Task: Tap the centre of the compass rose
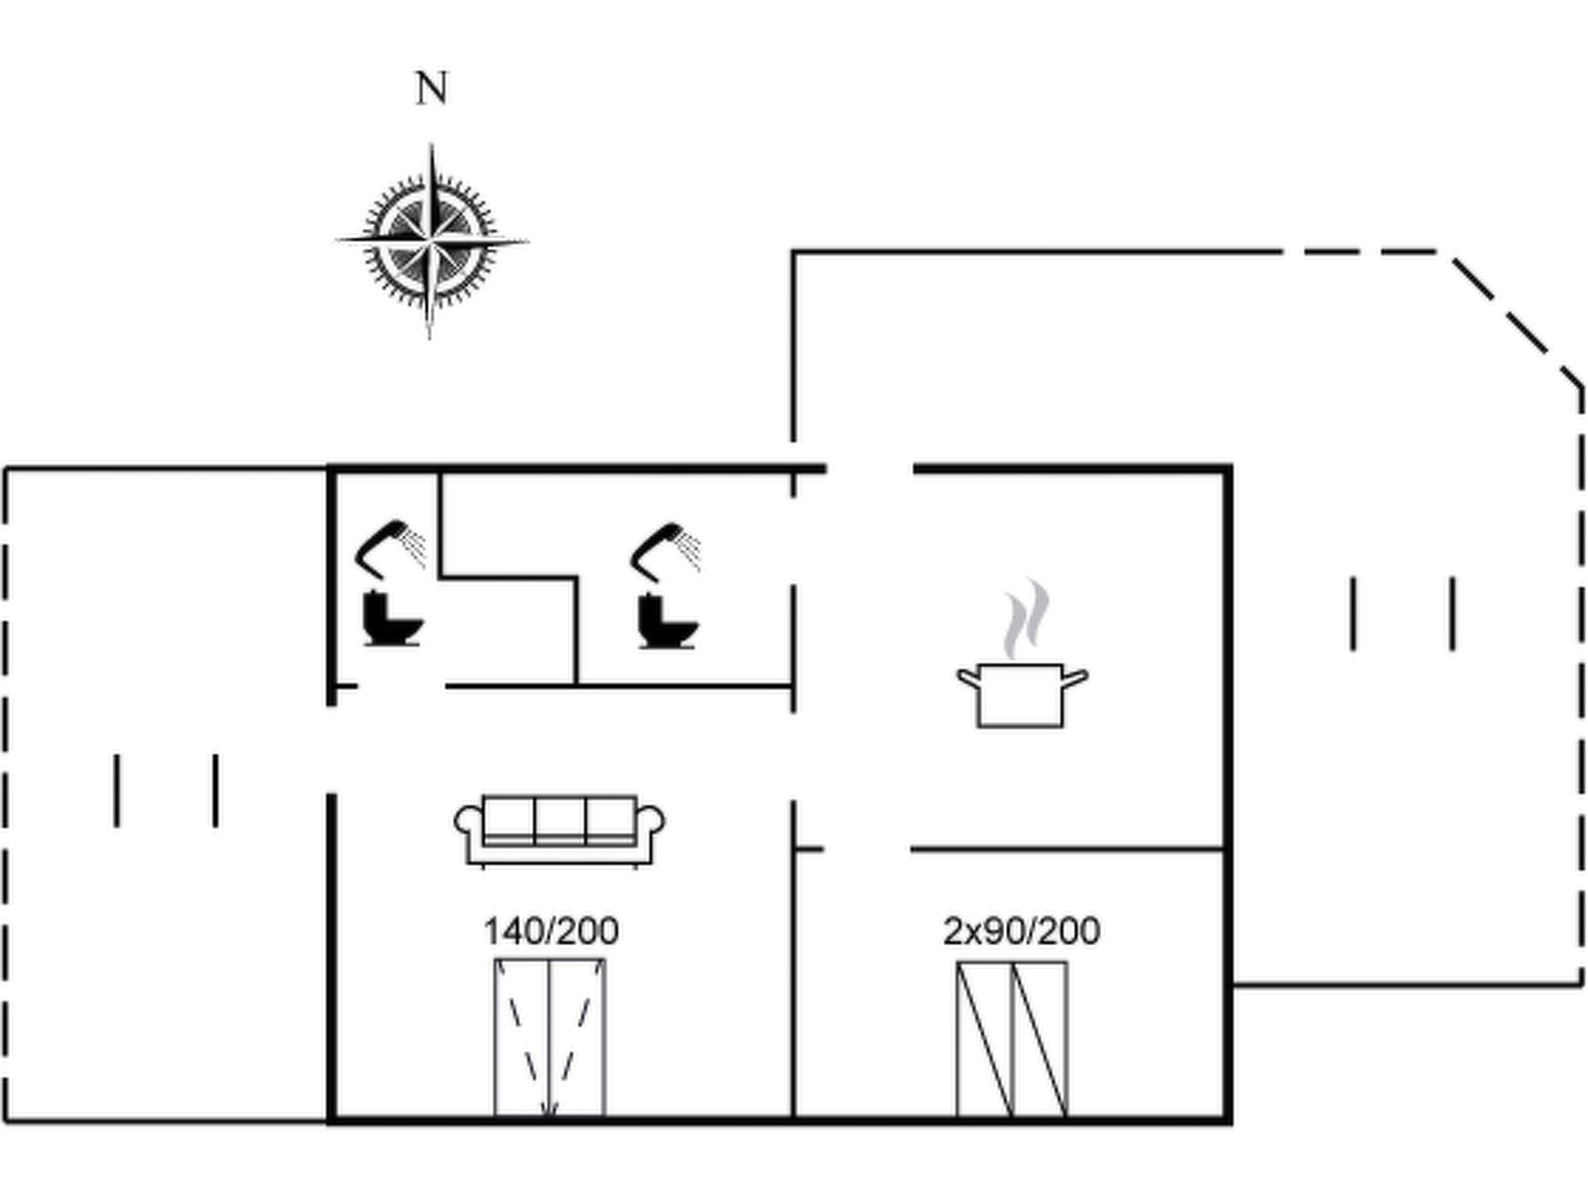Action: click(431, 240)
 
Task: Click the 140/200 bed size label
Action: click(551, 931)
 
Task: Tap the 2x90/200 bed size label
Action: click(1021, 931)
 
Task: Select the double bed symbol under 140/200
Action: click(551, 1038)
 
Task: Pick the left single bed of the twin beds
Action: click(985, 1039)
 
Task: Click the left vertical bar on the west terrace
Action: click(117, 790)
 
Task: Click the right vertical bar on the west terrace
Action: click(216, 790)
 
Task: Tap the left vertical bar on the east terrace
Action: click(1353, 613)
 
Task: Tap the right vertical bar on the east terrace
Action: click(1452, 613)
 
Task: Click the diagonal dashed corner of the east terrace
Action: click(1517, 319)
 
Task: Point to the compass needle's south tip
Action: click(430, 335)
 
